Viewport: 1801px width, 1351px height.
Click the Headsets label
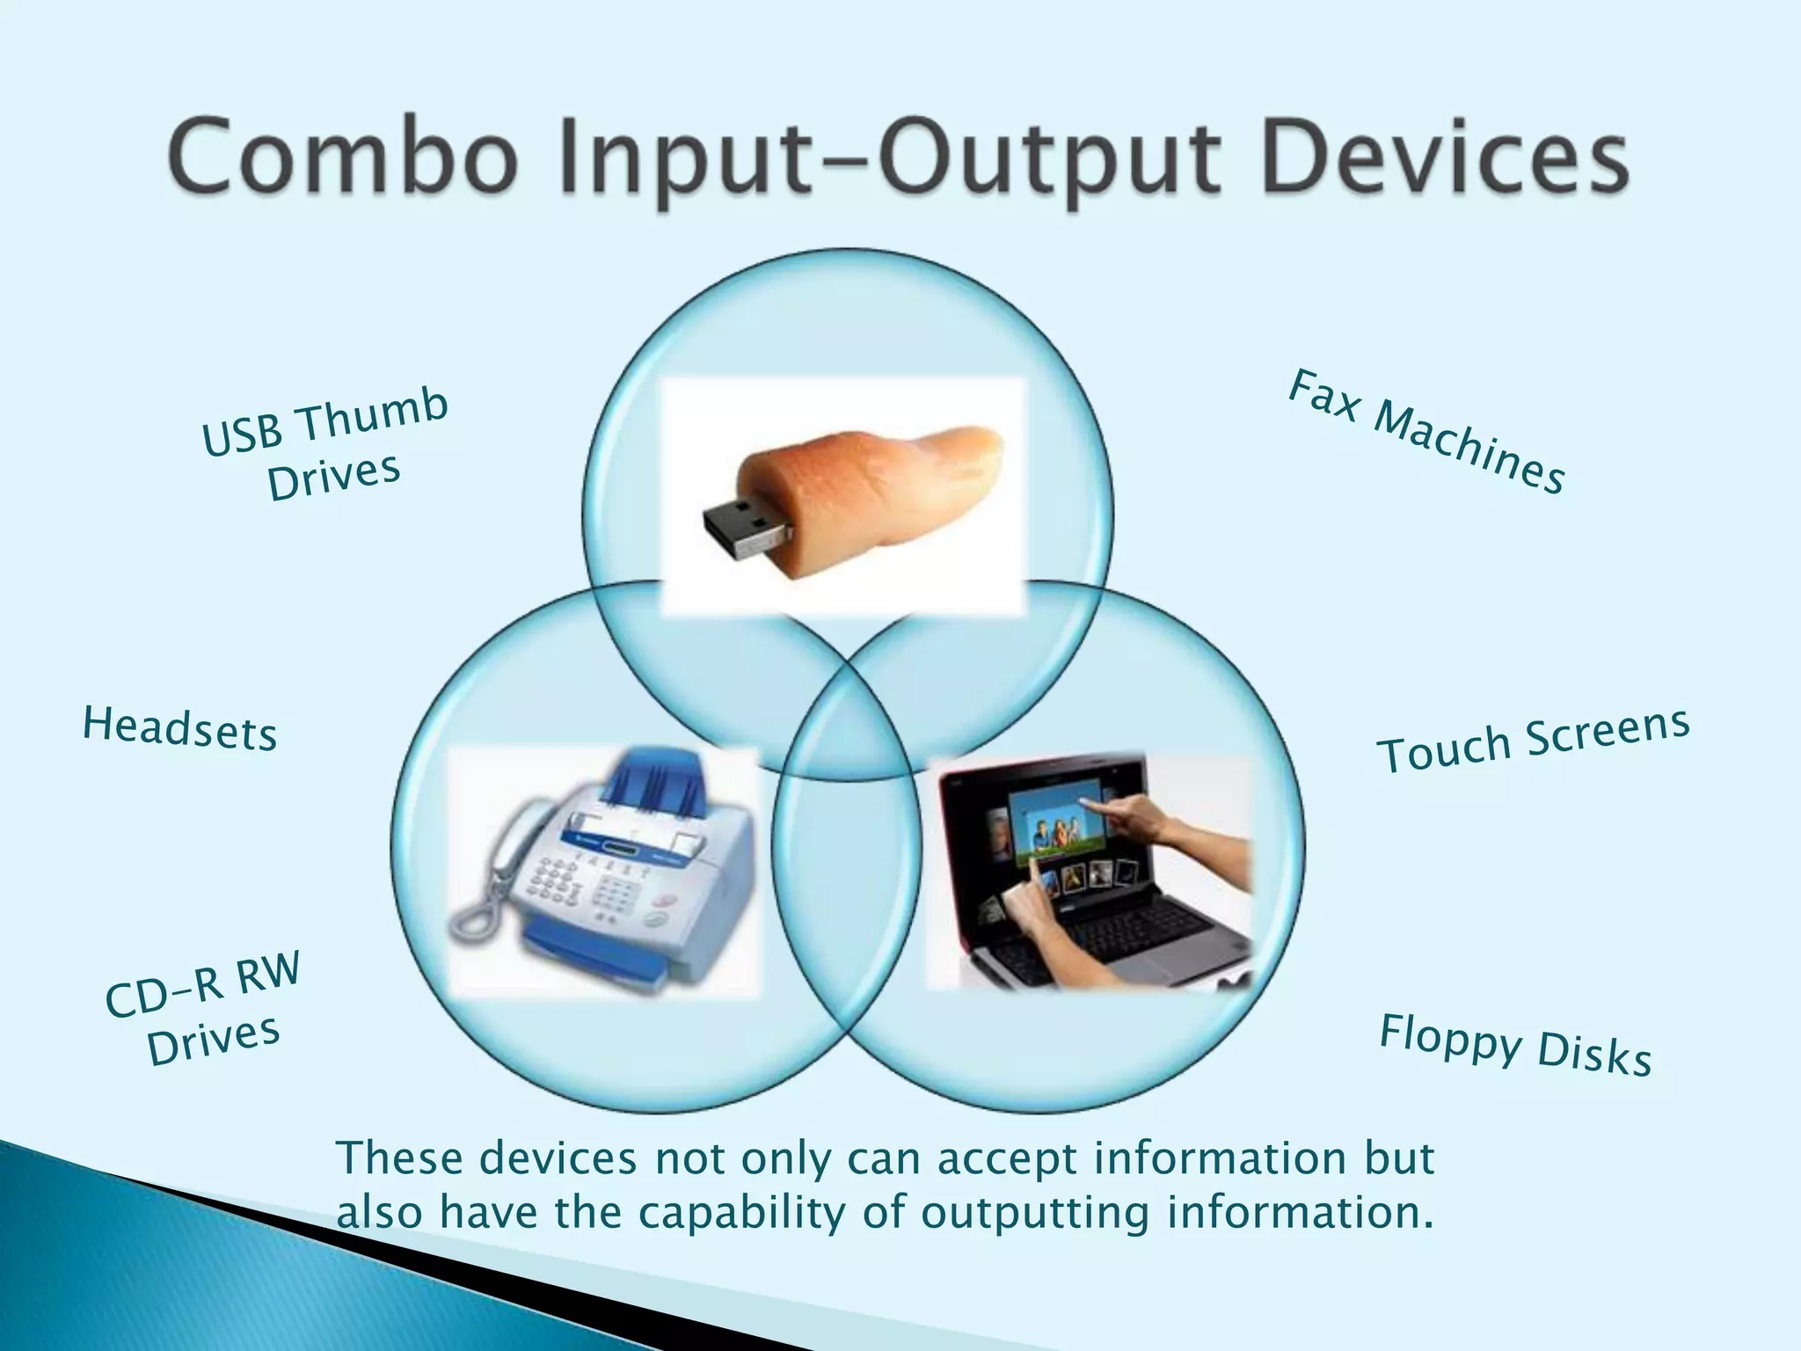click(180, 728)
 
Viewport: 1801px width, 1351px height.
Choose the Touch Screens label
click(1532, 741)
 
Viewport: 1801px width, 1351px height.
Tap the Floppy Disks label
click(1514, 1045)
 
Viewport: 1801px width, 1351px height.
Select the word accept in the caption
click(1007, 1159)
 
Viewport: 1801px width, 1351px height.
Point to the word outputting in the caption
click(1035, 1213)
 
